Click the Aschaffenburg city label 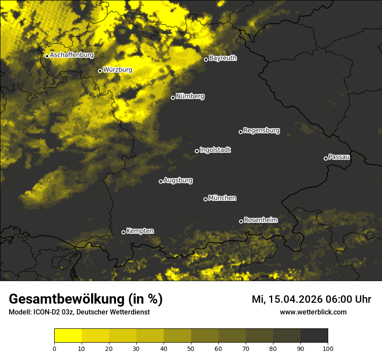[x=72, y=55]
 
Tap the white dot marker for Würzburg [x=100, y=71]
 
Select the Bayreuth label [x=223, y=58]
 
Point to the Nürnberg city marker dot [x=173, y=98]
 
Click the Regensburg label [x=261, y=130]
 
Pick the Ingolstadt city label [x=215, y=150]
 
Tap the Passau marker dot [x=326, y=158]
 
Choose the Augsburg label [x=178, y=180]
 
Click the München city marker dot [x=205, y=199]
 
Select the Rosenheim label [x=260, y=220]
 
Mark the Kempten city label [x=140, y=231]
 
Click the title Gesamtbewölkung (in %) [x=86, y=299]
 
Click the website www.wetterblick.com [x=313, y=312]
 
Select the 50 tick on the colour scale [x=191, y=348]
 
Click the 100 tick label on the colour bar [x=327, y=348]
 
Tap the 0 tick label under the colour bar [x=54, y=348]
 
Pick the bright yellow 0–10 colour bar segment [x=68, y=335]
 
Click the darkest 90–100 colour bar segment [x=314, y=335]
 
